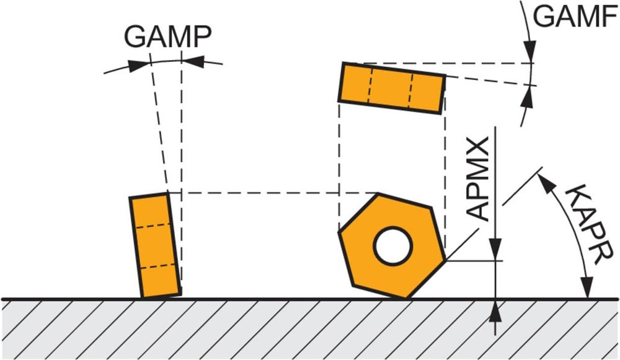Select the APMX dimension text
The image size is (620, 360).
point(480,177)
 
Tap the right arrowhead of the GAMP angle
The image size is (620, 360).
point(193,60)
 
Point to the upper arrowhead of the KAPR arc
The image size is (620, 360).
point(544,180)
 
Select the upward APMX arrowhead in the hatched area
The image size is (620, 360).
point(495,310)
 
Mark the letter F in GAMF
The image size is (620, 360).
point(609,16)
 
